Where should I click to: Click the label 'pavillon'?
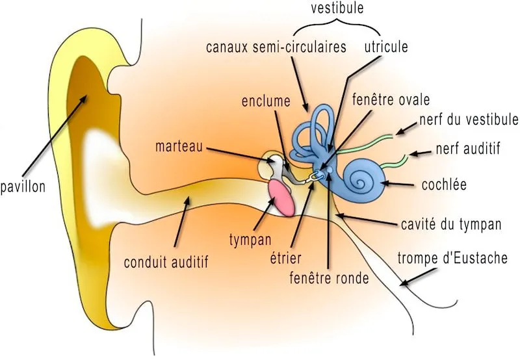point(23,186)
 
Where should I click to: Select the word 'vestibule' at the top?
point(337,8)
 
